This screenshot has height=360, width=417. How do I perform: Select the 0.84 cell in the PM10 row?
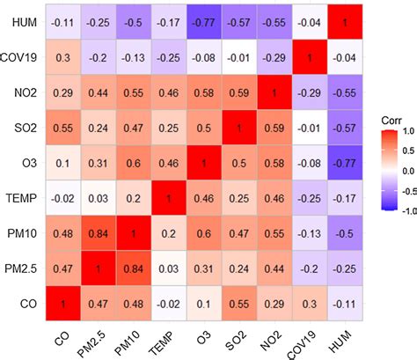[x=102, y=234]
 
